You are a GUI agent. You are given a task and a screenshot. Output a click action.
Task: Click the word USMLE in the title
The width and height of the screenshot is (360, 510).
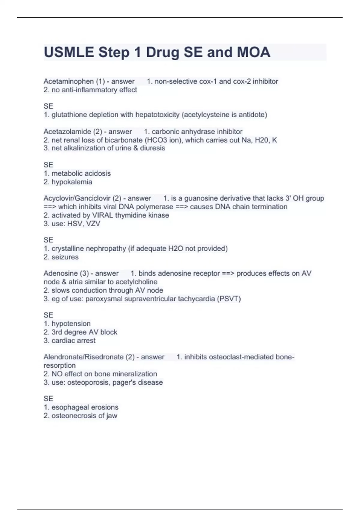click(69, 52)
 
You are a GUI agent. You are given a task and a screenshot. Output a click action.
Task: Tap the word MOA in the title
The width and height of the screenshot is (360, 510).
click(253, 52)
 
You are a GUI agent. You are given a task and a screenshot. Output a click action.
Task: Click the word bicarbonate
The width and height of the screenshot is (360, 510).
click(123, 140)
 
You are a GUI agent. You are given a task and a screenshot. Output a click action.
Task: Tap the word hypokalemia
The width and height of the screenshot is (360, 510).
click(72, 182)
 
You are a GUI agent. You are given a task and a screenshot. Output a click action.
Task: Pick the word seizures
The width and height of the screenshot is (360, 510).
click(65, 257)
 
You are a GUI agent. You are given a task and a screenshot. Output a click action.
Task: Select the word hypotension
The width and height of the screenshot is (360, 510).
click(71, 323)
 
